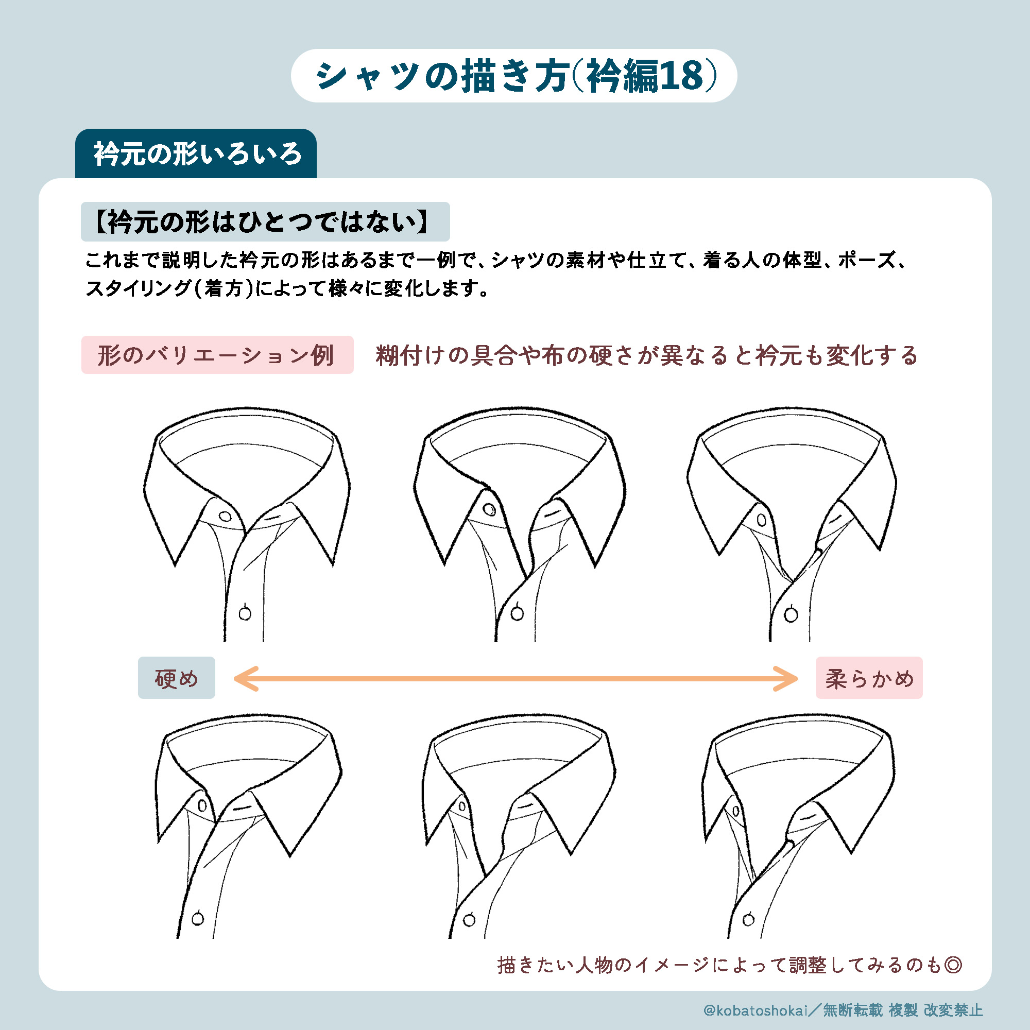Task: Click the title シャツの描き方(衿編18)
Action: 515,76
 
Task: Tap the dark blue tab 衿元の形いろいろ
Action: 196,153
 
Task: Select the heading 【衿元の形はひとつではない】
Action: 265,222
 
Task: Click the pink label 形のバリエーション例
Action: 217,354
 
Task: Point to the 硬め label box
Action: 177,678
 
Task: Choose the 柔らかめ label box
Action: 869,678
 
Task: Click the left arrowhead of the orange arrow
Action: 245,679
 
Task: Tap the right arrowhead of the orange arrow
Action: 786,679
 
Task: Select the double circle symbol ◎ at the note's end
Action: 953,965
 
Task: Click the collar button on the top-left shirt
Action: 225,517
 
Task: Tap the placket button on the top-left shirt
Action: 245,613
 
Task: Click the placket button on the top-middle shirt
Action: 517,613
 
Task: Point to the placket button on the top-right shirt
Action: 791,615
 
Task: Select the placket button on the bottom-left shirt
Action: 198,919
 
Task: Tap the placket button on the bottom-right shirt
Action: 748,919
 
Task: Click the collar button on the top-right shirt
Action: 762,520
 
